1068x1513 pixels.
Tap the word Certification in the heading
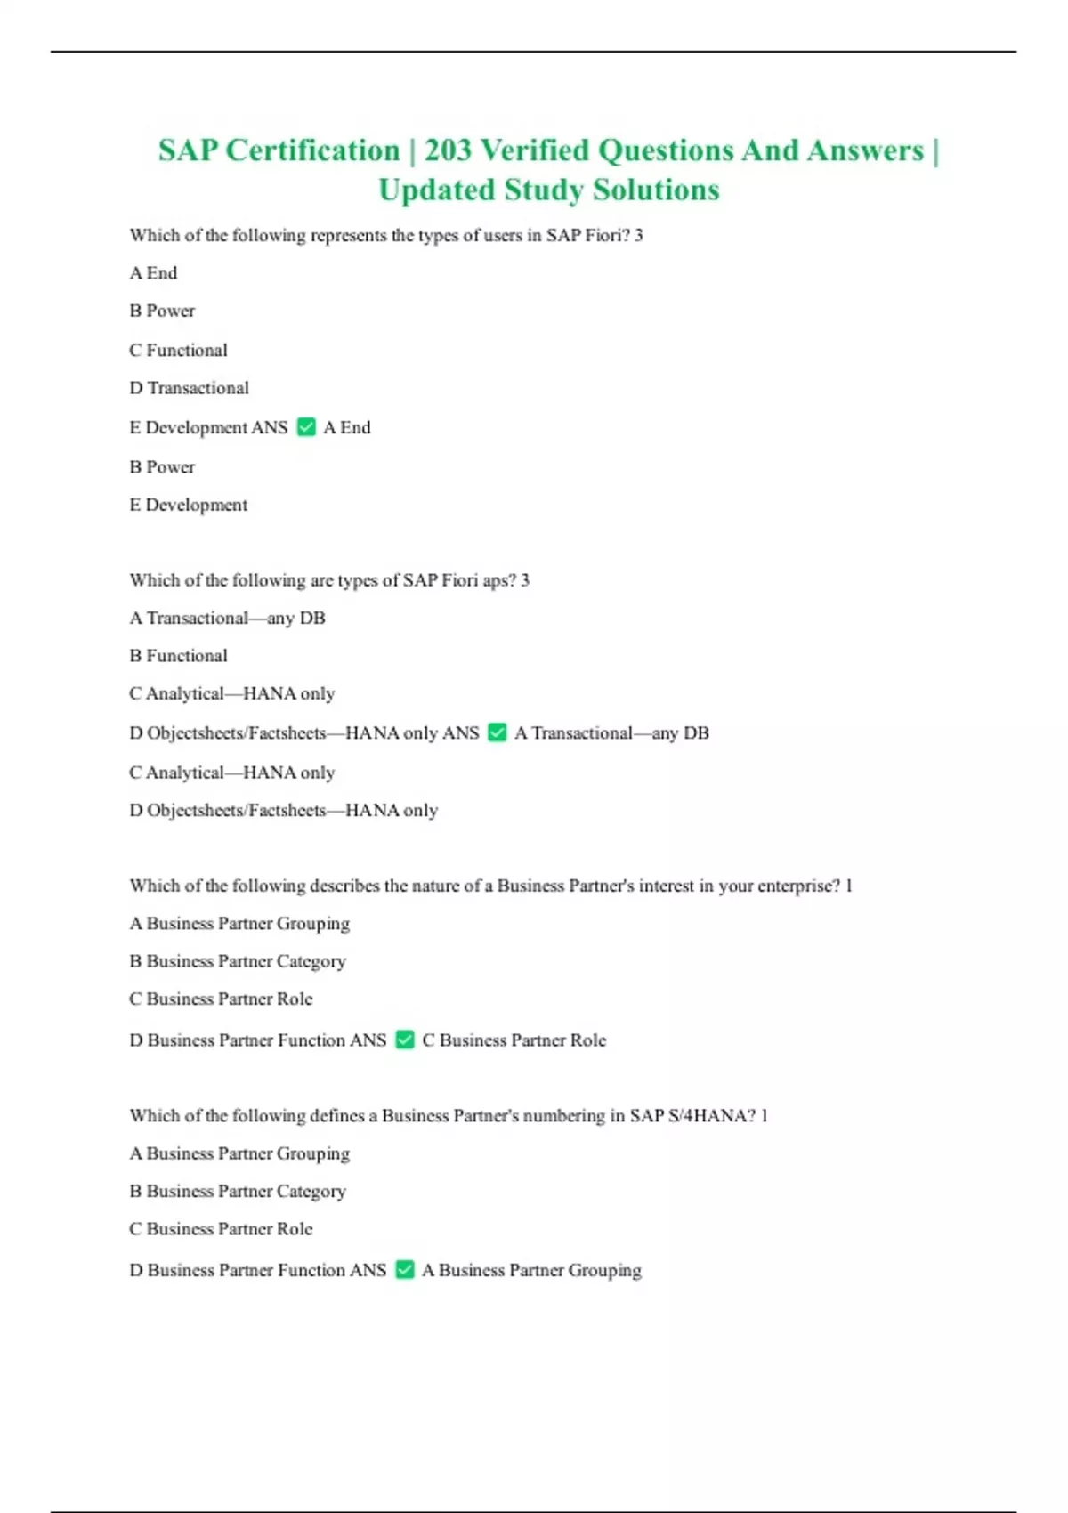click(312, 150)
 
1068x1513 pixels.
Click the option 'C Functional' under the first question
click(178, 350)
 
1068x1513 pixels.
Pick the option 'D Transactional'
click(189, 388)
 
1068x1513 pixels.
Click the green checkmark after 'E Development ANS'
click(306, 427)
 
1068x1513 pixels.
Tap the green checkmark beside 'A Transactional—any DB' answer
click(498, 732)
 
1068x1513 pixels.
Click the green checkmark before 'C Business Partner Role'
click(405, 1040)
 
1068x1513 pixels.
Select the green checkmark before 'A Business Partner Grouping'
click(405, 1270)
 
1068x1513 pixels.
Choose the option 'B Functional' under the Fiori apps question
click(178, 656)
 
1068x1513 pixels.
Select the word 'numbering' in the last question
click(562, 1115)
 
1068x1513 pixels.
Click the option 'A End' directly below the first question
click(153, 273)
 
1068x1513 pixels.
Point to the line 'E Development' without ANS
click(189, 505)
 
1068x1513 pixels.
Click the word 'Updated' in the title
click(436, 190)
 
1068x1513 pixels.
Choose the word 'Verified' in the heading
click(535, 150)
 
